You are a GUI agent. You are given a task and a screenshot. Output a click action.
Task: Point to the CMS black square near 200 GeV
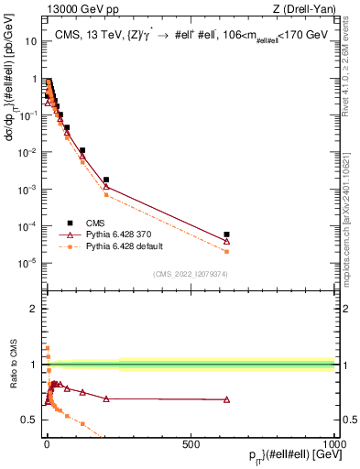coord(106,180)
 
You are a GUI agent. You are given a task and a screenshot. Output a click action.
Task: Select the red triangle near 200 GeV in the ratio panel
coord(106,398)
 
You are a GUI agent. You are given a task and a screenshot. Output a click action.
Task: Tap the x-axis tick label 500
coord(191,443)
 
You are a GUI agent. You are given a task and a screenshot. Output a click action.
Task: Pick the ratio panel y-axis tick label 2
coord(34,309)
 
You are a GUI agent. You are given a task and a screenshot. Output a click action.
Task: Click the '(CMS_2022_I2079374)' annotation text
coord(191,272)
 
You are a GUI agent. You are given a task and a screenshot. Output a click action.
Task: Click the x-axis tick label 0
coord(46,443)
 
